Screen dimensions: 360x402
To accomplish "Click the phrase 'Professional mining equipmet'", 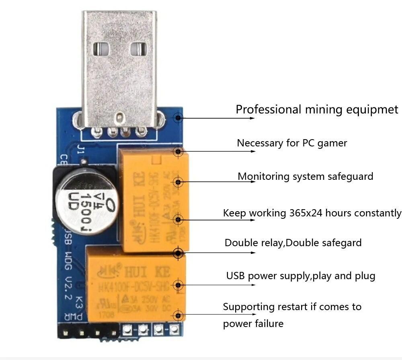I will (317, 109).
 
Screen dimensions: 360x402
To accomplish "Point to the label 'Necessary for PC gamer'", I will (292, 143).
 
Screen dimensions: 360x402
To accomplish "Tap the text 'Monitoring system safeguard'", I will (305, 176).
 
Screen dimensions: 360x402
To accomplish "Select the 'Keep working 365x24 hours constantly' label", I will (312, 213).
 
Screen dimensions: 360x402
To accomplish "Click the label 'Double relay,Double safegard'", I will (293, 243).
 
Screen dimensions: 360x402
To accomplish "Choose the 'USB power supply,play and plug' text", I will (301, 276).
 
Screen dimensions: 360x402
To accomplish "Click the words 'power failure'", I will (253, 324).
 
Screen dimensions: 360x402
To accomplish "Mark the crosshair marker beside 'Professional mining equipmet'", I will (178, 118).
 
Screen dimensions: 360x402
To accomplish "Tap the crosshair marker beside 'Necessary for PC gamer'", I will (178, 152).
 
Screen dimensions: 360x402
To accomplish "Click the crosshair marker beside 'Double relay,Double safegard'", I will (178, 253).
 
